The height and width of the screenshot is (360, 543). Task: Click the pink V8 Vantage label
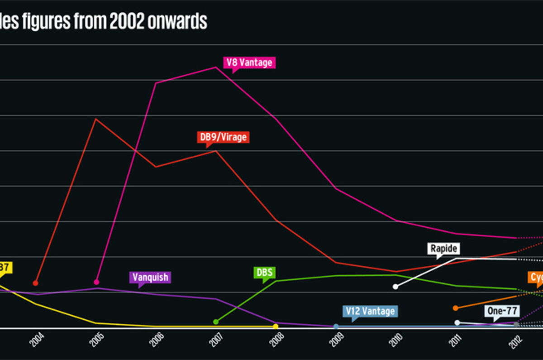(x=249, y=62)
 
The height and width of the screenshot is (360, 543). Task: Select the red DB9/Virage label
(x=224, y=137)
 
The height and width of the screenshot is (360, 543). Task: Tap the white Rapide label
(x=443, y=249)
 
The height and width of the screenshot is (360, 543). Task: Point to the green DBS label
(x=264, y=273)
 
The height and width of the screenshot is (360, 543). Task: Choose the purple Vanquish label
(x=150, y=277)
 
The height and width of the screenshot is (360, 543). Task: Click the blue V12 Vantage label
(x=370, y=311)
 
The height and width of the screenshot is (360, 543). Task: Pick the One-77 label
(x=502, y=311)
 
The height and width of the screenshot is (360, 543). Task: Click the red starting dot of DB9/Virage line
(x=36, y=283)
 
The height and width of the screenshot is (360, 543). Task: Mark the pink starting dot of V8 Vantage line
(x=96, y=282)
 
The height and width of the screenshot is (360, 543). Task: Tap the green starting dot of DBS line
(x=216, y=322)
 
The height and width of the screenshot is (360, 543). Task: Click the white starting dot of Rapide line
(x=395, y=286)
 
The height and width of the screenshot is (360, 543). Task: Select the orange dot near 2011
(x=456, y=308)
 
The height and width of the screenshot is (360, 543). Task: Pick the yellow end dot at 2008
(x=276, y=326)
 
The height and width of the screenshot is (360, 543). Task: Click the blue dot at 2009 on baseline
(x=336, y=326)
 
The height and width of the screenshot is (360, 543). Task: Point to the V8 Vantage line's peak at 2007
(x=216, y=67)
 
